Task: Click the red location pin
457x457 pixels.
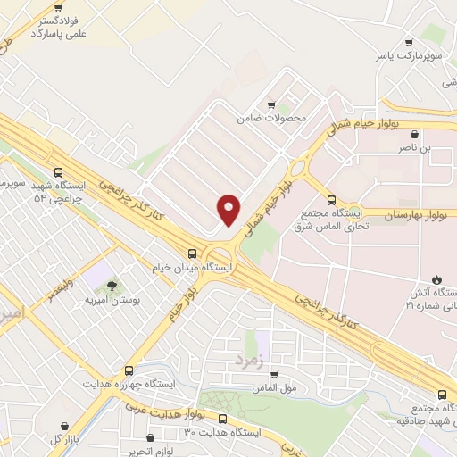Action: coord(229,209)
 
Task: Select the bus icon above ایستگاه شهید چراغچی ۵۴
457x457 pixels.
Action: coord(59,173)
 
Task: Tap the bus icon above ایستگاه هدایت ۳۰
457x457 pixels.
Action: coord(222,419)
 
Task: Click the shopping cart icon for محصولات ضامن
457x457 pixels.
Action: coord(271,104)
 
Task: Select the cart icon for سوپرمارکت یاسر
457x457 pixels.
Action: coord(409,42)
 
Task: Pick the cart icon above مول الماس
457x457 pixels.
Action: coord(274,375)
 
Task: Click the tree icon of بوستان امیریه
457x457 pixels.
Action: coord(112,286)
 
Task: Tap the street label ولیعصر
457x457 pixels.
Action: coord(45,289)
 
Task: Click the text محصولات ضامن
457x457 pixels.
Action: coord(271,118)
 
